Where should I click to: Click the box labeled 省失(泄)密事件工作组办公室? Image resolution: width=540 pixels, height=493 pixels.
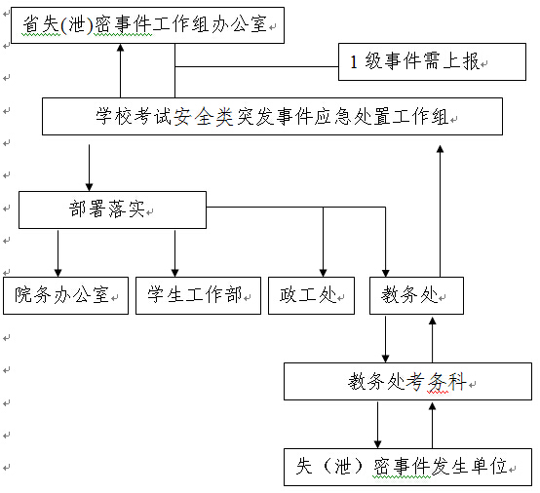pyautogui.click(x=148, y=25)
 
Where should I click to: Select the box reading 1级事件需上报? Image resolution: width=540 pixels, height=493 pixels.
pyautogui.click(x=432, y=62)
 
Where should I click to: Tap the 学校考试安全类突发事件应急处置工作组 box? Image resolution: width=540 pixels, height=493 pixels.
pyautogui.click(x=272, y=116)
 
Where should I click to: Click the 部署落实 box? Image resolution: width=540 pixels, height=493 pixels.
pyautogui.click(x=113, y=209)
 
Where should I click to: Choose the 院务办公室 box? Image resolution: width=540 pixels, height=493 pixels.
pyautogui.click(x=65, y=295)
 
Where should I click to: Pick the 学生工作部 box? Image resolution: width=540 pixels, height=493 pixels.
pyautogui.click(x=199, y=295)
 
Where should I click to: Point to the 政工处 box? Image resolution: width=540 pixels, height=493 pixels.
pyautogui.click(x=311, y=295)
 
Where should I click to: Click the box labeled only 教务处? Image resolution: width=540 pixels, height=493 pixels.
pyautogui.click(x=417, y=295)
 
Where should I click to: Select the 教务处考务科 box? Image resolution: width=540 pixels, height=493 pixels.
pyautogui.click(x=407, y=381)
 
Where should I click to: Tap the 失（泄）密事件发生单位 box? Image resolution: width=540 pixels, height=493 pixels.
pyautogui.click(x=407, y=467)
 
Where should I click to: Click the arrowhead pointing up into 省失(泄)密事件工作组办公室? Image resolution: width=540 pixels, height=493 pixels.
pyautogui.click(x=120, y=48)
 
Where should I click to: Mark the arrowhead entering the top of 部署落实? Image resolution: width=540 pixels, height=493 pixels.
pyautogui.click(x=90, y=187)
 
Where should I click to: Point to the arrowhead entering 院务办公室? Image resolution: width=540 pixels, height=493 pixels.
pyautogui.click(x=58, y=273)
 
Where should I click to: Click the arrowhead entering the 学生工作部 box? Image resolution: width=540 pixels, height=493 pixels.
pyautogui.click(x=174, y=273)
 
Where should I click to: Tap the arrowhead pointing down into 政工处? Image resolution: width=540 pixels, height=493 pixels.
pyautogui.click(x=323, y=273)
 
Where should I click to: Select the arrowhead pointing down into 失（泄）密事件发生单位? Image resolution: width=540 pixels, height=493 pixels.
pyautogui.click(x=378, y=444)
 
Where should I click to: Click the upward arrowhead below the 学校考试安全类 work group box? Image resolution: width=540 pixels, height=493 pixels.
pyautogui.click(x=441, y=149)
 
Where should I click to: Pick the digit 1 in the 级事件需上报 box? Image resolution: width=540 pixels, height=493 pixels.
pyautogui.click(x=354, y=62)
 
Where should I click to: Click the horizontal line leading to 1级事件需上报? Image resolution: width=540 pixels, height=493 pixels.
pyautogui.click(x=256, y=66)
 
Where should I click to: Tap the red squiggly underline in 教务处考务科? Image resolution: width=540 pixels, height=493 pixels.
pyautogui.click(x=438, y=392)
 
